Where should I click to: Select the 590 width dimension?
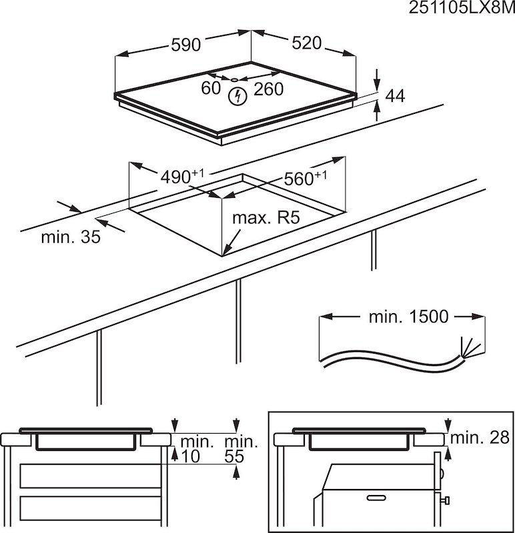pos(185,45)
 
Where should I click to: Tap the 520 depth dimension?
pos(308,43)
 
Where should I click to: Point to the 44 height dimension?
pos(395,96)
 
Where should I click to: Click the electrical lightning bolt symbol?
pos(236,97)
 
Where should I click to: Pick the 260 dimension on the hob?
pos(269,89)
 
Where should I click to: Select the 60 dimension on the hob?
pos(211,89)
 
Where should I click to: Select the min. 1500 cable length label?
pos(408,316)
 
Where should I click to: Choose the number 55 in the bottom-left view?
pos(233,457)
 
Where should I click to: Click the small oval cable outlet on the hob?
pos(236,81)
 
